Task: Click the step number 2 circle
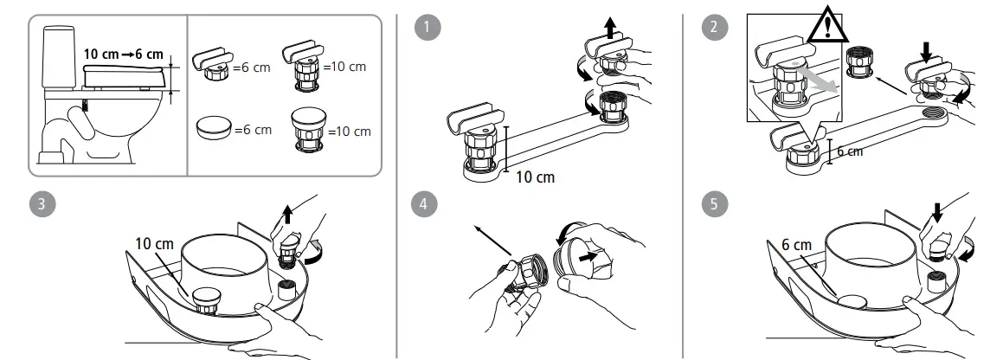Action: pyautogui.click(x=713, y=27)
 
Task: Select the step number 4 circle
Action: pyautogui.click(x=422, y=204)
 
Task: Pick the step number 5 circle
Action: pyautogui.click(x=713, y=204)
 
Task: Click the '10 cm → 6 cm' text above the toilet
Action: pyautogui.click(x=123, y=54)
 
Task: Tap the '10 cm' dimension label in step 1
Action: pyautogui.click(x=534, y=177)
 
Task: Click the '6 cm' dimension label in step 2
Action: pyautogui.click(x=850, y=151)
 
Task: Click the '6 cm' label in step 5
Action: pyautogui.click(x=796, y=245)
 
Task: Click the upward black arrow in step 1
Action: pyautogui.click(x=613, y=29)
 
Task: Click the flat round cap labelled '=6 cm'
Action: pyautogui.click(x=214, y=128)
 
